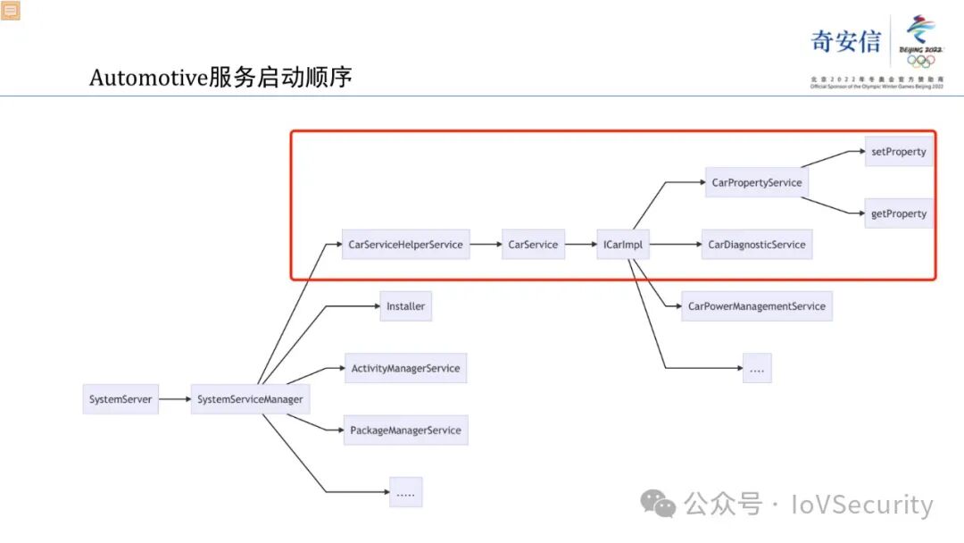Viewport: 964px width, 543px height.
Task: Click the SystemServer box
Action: tap(120, 399)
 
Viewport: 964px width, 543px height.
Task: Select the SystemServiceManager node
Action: tap(250, 399)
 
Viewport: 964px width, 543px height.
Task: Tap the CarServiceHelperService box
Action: tap(406, 245)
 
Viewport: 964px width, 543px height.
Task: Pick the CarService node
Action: tap(533, 245)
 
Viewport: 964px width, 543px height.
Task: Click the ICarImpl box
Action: tap(623, 245)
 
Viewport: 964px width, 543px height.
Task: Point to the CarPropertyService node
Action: tap(757, 183)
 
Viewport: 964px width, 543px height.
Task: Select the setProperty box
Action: tap(899, 152)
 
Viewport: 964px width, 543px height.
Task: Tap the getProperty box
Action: tap(899, 214)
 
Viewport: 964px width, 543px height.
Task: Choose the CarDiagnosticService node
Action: tap(757, 245)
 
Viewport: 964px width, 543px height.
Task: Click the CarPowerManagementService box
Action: tap(757, 306)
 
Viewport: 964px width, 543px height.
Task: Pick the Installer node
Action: tap(406, 306)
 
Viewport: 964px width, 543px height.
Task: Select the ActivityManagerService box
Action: tap(406, 368)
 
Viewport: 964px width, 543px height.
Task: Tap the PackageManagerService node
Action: tap(406, 430)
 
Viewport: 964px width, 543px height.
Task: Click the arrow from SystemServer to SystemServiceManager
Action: tap(175, 399)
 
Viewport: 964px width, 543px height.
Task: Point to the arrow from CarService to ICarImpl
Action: tap(580, 245)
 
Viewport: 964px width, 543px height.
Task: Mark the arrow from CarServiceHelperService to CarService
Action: tap(486, 245)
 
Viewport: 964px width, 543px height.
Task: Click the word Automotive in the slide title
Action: tap(148, 78)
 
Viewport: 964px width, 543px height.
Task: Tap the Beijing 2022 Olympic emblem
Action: tap(920, 41)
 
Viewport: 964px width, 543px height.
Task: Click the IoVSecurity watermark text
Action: tap(862, 505)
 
